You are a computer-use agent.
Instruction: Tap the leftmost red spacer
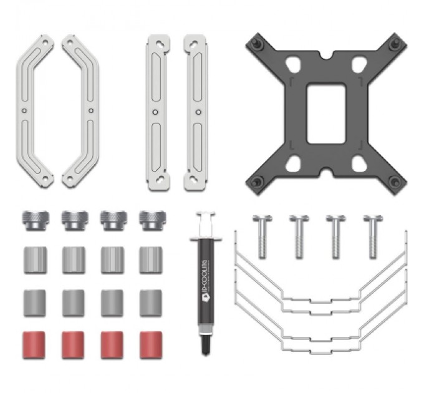tap(34, 344)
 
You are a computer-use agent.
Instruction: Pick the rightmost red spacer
tap(151, 344)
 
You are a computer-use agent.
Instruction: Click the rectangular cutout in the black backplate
tap(326, 114)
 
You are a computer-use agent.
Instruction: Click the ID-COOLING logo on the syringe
tap(205, 293)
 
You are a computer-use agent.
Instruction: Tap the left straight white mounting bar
tap(157, 112)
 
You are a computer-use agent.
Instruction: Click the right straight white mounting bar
tap(195, 112)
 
